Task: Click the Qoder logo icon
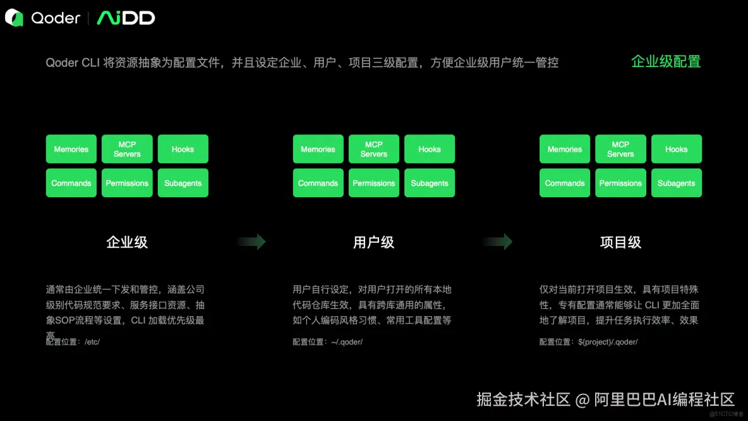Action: tap(14, 18)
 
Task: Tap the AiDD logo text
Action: tap(126, 18)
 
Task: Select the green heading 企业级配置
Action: tap(666, 62)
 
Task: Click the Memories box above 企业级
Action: tap(71, 149)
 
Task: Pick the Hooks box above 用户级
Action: tap(430, 149)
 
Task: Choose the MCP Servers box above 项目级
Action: tap(620, 149)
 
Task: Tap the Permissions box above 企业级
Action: tap(127, 183)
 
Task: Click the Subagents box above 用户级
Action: tap(430, 183)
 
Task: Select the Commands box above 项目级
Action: tap(565, 183)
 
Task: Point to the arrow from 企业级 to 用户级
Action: tap(251, 241)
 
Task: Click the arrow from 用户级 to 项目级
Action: tap(498, 241)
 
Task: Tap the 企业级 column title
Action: tap(127, 242)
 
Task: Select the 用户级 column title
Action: tap(373, 242)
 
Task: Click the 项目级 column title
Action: tap(620, 242)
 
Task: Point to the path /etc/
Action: tap(92, 342)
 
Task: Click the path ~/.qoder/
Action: tap(347, 342)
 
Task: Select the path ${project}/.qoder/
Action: tap(608, 342)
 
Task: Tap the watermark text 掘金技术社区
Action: tap(524, 400)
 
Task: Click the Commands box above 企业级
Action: tap(71, 183)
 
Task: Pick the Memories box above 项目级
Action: tap(565, 149)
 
